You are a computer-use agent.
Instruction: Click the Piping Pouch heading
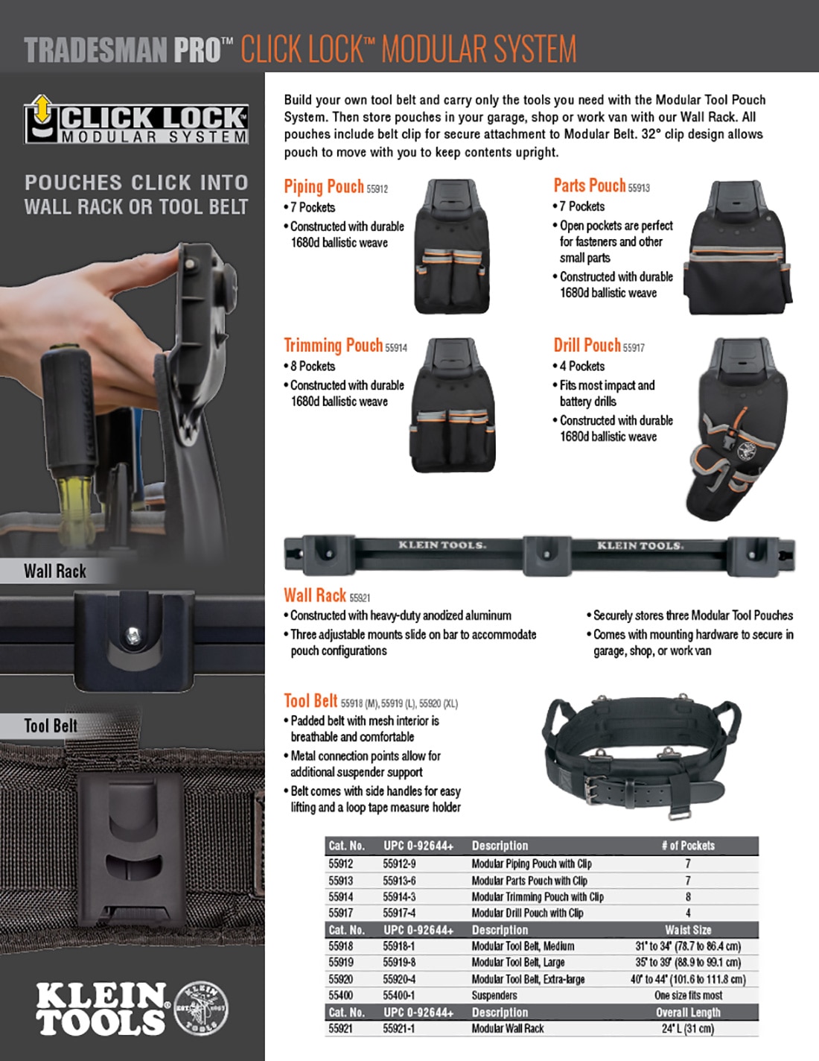click(324, 186)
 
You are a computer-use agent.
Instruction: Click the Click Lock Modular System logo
click(136, 120)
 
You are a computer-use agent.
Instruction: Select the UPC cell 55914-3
click(399, 897)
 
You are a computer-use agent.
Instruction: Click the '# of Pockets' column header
click(687, 846)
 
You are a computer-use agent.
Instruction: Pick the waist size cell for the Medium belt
click(687, 946)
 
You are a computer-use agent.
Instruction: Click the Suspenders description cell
click(494, 995)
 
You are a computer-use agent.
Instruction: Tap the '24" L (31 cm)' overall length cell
click(687, 1028)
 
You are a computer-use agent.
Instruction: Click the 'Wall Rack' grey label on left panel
click(55, 571)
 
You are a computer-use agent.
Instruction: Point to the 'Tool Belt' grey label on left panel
click(51, 726)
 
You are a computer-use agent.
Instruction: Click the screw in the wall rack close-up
click(133, 635)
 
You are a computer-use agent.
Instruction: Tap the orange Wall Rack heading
click(314, 595)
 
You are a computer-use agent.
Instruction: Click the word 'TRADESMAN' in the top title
click(96, 51)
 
